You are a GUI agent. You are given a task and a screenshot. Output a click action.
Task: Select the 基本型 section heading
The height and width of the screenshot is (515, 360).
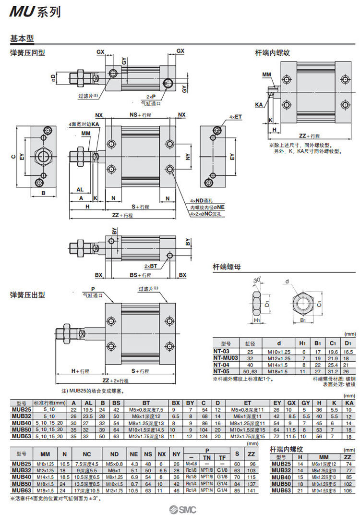click(21, 38)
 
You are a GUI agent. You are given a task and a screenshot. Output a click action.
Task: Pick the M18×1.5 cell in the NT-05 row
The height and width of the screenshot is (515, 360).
click(275, 371)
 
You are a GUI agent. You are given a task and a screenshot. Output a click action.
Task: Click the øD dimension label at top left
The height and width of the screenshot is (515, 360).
click(54, 77)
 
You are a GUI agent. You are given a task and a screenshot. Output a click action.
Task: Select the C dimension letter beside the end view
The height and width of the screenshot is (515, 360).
click(13, 155)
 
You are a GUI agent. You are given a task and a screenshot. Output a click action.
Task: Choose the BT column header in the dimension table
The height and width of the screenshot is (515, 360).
click(145, 403)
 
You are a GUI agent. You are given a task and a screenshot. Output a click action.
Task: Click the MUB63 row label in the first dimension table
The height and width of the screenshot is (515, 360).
click(21, 436)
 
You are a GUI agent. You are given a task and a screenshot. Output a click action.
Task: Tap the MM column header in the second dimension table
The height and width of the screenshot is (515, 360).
click(45, 454)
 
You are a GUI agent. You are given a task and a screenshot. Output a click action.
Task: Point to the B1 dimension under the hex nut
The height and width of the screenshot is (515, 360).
click(303, 319)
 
